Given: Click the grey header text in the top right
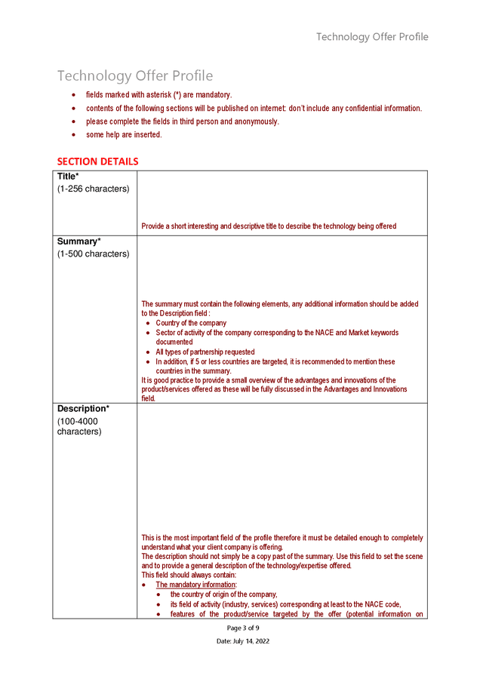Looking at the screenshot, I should click(x=371, y=37).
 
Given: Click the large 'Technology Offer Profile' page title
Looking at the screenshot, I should click(x=135, y=76).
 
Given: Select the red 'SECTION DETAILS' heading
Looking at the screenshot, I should click(x=97, y=161).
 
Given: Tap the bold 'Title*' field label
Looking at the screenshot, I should click(x=68, y=177).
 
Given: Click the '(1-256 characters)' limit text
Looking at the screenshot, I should click(x=93, y=189).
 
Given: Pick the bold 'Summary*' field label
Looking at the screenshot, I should click(x=78, y=241).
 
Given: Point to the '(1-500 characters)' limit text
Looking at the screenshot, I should click(x=93, y=253).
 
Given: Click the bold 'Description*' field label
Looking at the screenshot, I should click(x=83, y=409).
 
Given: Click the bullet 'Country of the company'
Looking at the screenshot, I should click(x=190, y=323).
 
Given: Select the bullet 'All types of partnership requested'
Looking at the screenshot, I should click(x=205, y=352).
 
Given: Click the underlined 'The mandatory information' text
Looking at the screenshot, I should click(x=195, y=585).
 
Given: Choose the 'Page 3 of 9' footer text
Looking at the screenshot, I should click(x=243, y=628).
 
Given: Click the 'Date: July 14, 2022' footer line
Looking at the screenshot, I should click(x=243, y=641).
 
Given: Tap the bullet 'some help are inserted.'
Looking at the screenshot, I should click(x=124, y=135).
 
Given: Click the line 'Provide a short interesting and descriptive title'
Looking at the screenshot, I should click(x=268, y=226).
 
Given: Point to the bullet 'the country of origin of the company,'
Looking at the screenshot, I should click(x=223, y=595).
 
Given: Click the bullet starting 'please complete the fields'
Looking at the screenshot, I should click(x=182, y=121).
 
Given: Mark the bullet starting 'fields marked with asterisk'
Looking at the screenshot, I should click(x=158, y=95).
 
